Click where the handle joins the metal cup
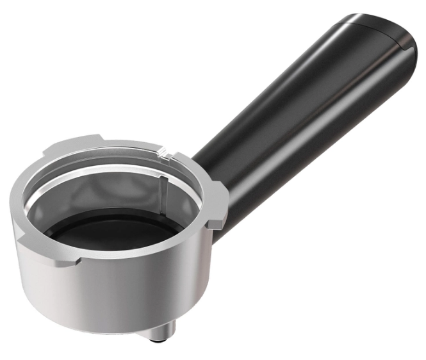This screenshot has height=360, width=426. (211, 173)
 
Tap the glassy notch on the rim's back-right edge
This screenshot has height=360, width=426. (168, 152)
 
